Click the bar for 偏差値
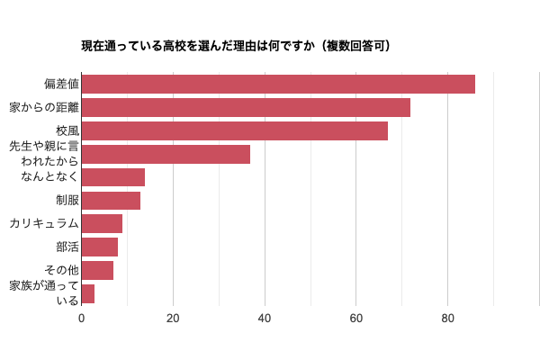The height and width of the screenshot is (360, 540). pos(278,85)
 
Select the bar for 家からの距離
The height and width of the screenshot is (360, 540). pos(246,108)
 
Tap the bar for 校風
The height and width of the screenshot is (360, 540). pos(234,131)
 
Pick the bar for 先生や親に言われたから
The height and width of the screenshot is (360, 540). pos(166,155)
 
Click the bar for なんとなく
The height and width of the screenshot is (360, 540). pos(112,177)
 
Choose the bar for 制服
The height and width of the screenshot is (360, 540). pos(111,201)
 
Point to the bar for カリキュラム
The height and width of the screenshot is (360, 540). pos(102,224)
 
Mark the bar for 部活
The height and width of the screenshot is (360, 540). pos(99,247)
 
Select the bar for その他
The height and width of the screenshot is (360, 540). pos(97,271)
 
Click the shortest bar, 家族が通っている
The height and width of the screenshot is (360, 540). pos(88,293)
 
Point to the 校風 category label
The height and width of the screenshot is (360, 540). pos(67,131)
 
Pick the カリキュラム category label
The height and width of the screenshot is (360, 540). pos(44,224)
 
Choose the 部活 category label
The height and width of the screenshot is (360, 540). pos(67,247)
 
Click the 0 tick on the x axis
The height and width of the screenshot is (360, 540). pos(82,319)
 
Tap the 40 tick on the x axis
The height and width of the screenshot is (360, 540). pos(265,319)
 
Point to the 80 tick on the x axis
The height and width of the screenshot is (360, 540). pos(447,319)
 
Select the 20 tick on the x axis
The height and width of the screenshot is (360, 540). pos(173,319)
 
